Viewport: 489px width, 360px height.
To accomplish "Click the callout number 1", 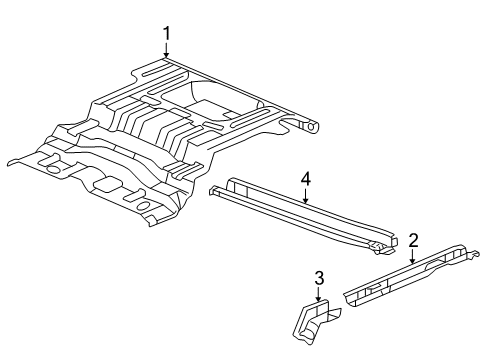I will click(166, 34).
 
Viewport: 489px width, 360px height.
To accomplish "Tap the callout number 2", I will click(412, 240).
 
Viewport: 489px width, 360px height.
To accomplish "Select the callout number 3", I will click(318, 277).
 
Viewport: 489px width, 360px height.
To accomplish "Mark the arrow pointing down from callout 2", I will click(412, 257).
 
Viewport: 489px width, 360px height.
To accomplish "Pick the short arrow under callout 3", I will click(318, 294).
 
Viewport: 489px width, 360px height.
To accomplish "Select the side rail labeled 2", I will click(410, 279).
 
